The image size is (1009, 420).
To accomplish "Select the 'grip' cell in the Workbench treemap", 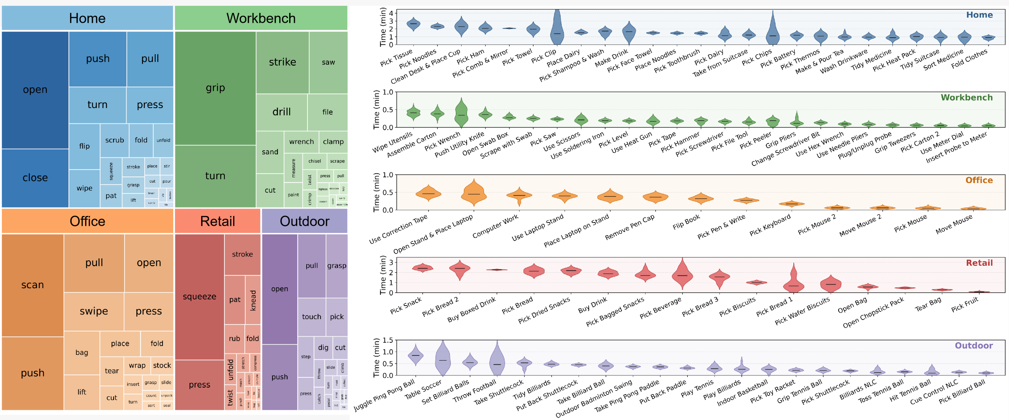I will (215, 88).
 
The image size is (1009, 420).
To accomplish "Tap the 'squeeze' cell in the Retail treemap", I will (199, 297).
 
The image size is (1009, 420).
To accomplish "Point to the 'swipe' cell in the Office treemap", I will (94, 311).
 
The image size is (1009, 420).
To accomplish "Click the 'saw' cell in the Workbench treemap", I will (328, 62).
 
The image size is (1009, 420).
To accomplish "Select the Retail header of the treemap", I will (217, 221).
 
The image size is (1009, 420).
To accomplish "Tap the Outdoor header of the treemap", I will (304, 221).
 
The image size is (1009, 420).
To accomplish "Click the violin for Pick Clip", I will (557, 29).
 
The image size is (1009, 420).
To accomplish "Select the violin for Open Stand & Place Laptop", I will (474, 193).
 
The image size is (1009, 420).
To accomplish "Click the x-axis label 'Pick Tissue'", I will (396, 58).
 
